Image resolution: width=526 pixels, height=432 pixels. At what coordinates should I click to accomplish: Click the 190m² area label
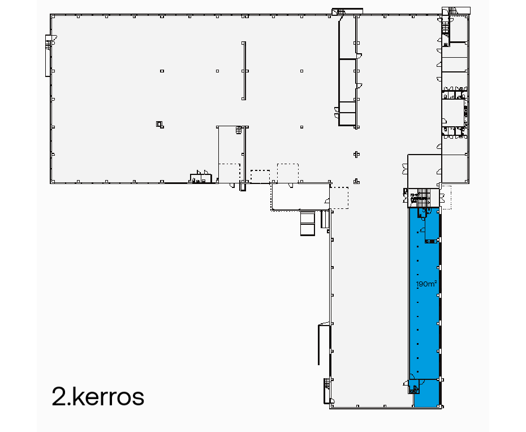tap(426, 284)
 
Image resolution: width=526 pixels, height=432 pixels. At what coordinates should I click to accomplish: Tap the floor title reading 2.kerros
tap(98, 397)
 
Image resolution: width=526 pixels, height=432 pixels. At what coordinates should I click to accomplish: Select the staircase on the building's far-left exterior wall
tap(48, 55)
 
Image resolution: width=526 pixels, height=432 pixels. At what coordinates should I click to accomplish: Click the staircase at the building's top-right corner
tap(452, 11)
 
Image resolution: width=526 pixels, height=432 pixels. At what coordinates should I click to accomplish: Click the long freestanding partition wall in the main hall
tap(244, 71)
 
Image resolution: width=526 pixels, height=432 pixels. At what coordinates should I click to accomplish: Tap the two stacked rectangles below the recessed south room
tap(307, 223)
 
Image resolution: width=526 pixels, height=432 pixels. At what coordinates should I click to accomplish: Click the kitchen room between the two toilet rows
tap(452, 111)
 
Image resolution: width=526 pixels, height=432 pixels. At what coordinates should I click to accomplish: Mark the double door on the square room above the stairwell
tap(405, 169)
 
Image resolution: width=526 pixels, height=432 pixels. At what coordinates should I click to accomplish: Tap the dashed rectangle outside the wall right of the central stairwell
tap(447, 196)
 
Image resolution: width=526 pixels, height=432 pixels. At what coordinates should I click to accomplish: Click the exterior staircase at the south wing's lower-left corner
tap(327, 383)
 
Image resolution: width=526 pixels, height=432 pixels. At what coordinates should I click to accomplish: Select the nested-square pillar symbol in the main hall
tap(159, 124)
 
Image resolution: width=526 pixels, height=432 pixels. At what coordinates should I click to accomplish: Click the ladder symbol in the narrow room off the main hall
tap(239, 130)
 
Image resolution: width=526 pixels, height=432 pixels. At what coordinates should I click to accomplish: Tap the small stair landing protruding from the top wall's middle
tap(338, 11)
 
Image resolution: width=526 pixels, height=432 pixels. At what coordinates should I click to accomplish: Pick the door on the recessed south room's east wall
tap(327, 200)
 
